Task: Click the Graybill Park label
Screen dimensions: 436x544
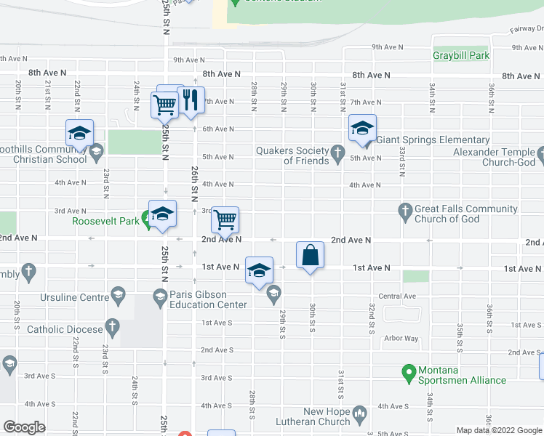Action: [461, 55]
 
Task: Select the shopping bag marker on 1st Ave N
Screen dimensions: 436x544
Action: [310, 255]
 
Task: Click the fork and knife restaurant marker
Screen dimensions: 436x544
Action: [191, 101]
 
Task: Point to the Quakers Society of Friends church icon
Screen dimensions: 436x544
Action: [337, 153]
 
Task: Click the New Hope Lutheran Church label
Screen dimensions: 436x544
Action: [327, 416]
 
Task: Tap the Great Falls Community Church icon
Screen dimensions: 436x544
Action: [406, 211]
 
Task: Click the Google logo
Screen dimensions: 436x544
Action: [24, 427]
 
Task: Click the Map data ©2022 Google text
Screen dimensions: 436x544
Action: [499, 430]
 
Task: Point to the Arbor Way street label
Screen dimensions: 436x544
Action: [401, 339]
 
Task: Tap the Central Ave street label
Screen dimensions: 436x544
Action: [396, 296]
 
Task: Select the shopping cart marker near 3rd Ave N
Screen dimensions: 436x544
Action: [225, 219]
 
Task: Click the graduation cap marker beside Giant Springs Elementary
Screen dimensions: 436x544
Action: [362, 128]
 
